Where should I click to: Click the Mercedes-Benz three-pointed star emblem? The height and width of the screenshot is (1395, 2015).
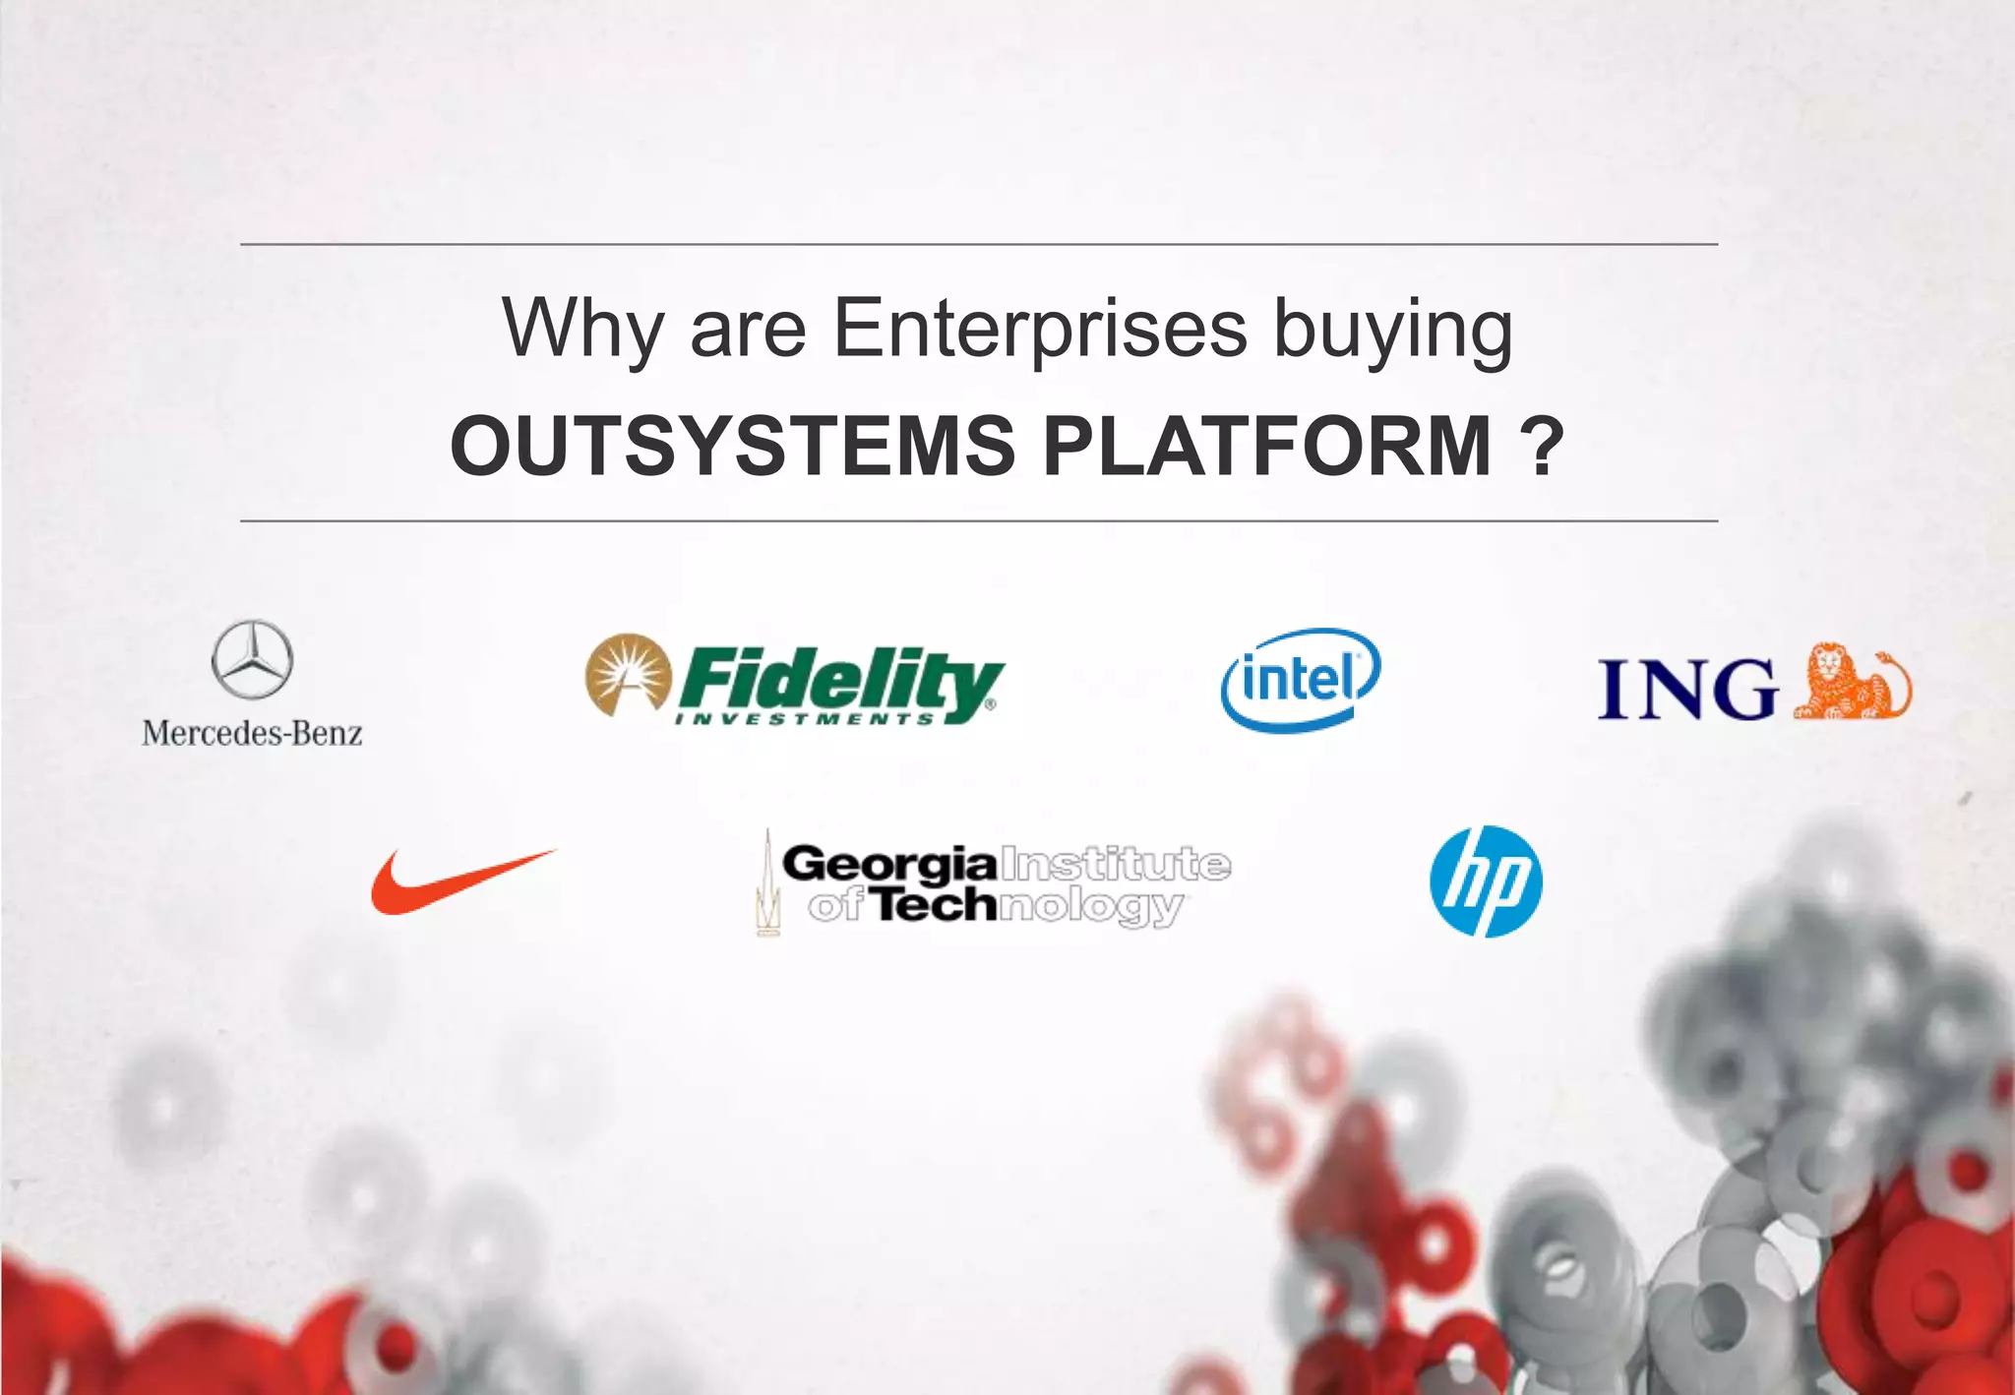point(252,660)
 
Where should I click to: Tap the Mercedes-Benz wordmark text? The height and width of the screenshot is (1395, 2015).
point(252,734)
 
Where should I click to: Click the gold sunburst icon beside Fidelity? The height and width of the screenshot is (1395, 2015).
point(628,674)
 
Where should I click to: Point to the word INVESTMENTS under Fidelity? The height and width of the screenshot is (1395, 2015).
point(805,719)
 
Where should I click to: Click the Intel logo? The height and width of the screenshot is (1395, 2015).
point(1300,679)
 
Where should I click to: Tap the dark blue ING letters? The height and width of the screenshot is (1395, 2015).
point(1686,689)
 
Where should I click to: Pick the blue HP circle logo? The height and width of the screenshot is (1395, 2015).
point(1486,881)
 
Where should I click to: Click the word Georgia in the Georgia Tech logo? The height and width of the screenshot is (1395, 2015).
point(888,865)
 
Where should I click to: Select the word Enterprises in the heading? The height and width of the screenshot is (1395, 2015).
point(1040,328)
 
